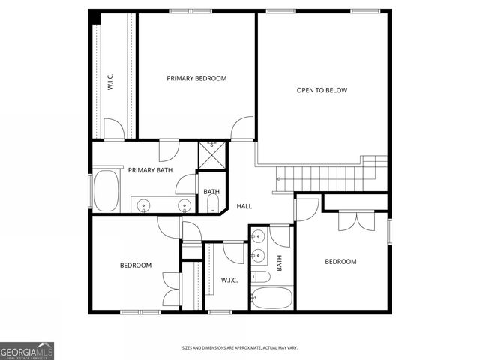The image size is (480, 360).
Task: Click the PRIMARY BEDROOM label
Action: [x=196, y=78]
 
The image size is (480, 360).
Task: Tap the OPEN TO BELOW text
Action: [x=322, y=90]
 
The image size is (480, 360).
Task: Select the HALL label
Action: [x=244, y=206]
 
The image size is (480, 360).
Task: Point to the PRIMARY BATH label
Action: [x=150, y=170]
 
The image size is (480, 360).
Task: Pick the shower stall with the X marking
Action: [x=211, y=154]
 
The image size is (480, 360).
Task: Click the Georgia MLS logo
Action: [x=27, y=350]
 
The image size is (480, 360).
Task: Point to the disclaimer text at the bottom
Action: [x=239, y=348]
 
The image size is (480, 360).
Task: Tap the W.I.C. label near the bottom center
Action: [x=229, y=280]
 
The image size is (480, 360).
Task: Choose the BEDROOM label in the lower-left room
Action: [x=136, y=265]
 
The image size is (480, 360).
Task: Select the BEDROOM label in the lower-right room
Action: [x=340, y=261]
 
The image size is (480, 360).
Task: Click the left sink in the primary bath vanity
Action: [x=144, y=205]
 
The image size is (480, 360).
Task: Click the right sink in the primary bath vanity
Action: [x=183, y=205]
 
